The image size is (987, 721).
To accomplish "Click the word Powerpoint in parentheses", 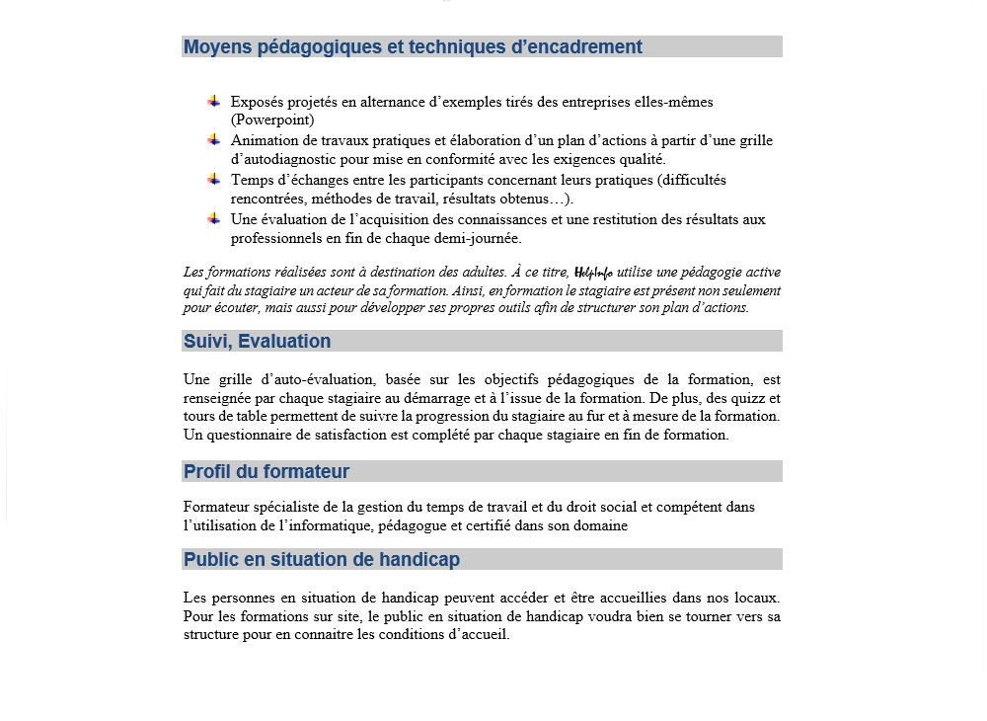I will [272, 120].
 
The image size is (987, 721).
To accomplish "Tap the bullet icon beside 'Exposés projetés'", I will [213, 101].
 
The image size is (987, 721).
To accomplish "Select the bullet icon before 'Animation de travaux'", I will [213, 140].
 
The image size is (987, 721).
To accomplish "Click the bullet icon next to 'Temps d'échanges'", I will [213, 180].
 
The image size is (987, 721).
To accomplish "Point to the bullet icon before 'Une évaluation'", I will [213, 219].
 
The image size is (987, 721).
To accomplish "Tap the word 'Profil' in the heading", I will [207, 472].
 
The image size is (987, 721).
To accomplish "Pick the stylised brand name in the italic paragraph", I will [592, 273].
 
